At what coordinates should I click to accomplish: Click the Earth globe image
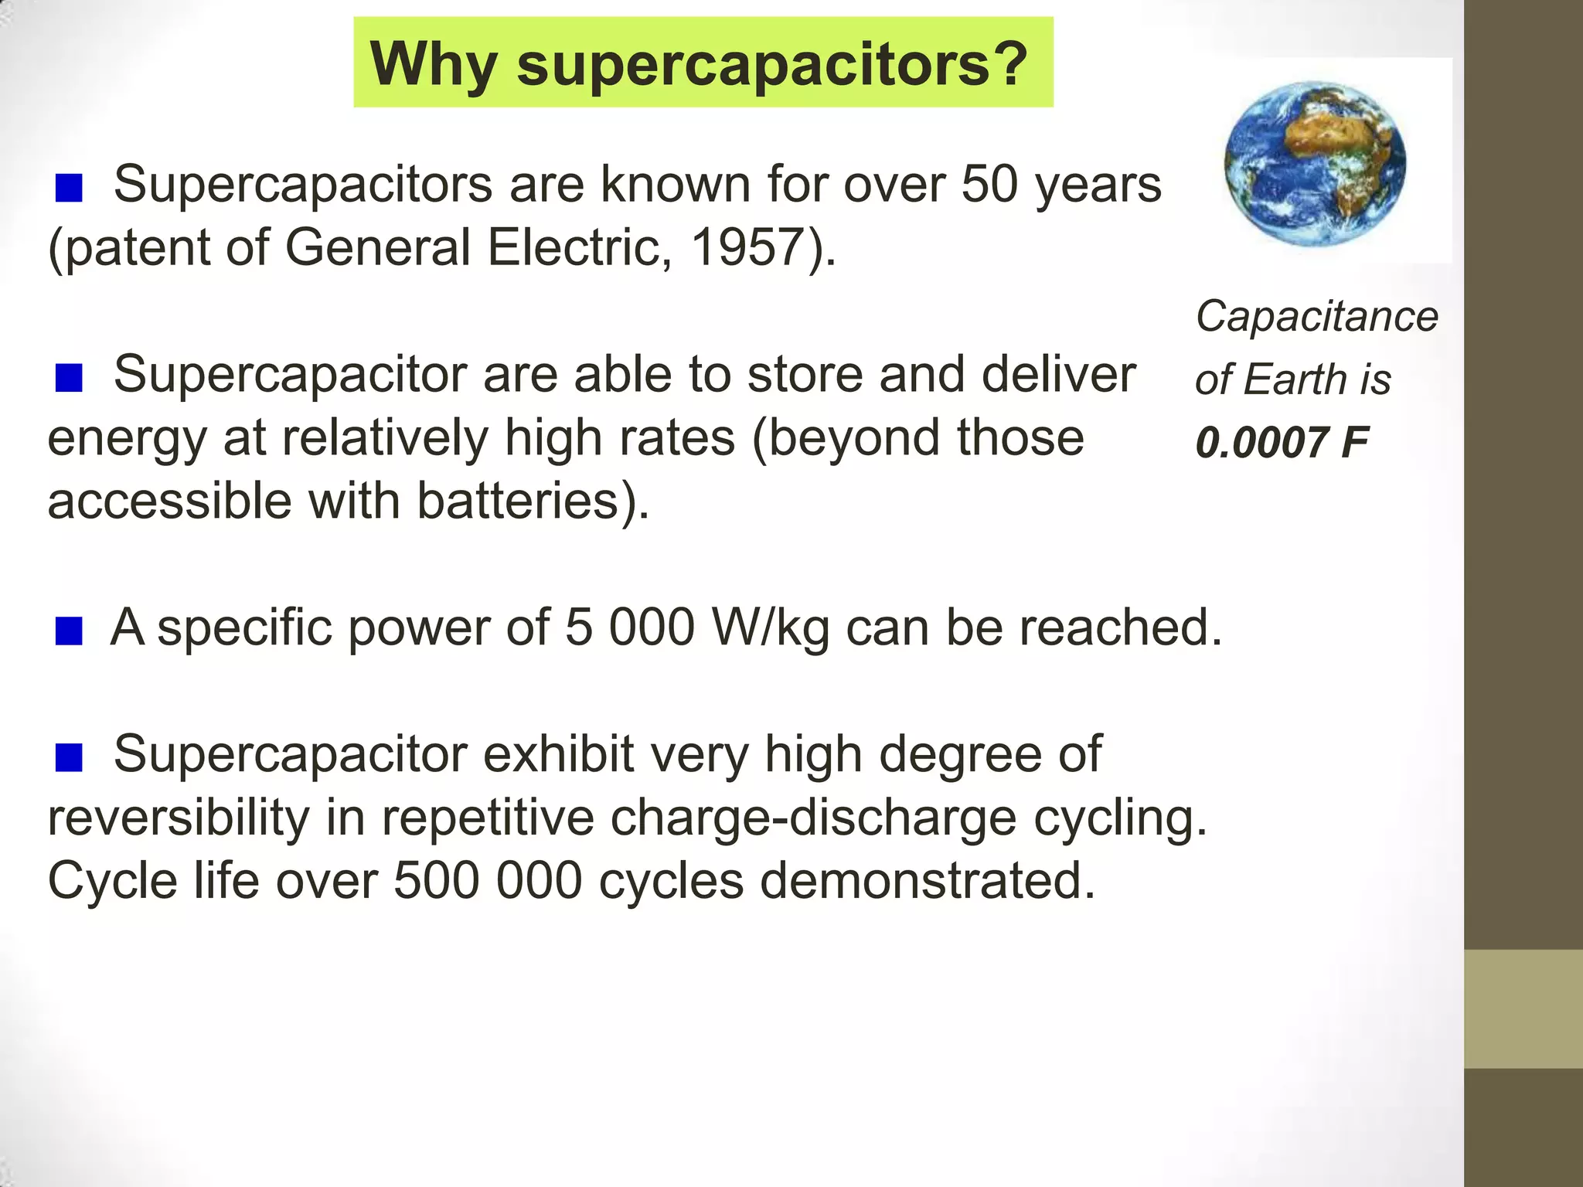coord(1315,164)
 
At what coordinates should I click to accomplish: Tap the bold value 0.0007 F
coord(1282,443)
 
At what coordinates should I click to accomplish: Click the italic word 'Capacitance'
coord(1316,316)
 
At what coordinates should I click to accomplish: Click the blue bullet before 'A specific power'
coord(69,631)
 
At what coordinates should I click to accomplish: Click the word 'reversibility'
coord(178,818)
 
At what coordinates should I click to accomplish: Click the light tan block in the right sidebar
coord(1523,1008)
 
